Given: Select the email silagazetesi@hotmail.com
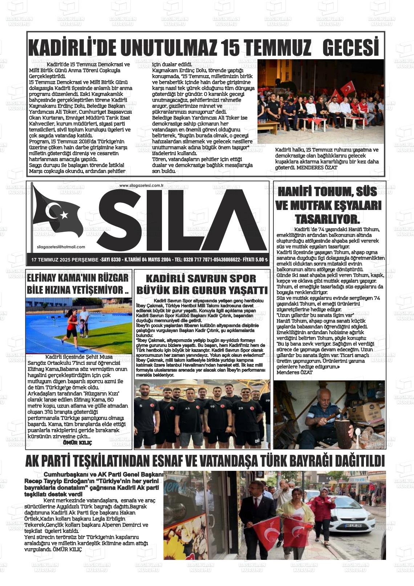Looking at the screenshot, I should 61,247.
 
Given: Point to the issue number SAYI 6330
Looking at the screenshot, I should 111,260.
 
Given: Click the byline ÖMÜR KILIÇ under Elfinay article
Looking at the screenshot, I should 77,443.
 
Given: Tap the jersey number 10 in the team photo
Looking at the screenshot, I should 212,406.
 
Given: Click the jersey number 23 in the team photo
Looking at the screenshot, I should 241,408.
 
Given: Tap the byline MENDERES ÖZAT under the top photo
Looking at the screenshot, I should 317,167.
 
